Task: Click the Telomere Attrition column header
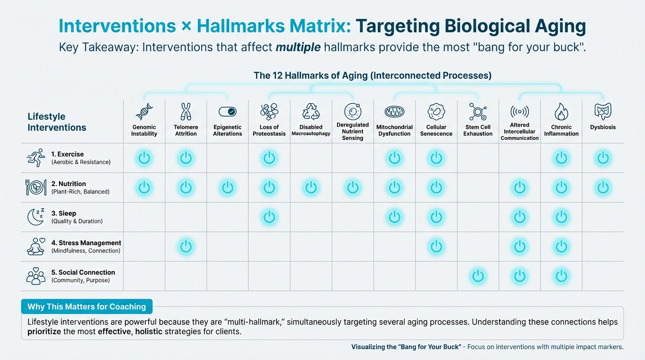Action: (x=186, y=130)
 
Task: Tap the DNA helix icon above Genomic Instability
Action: (x=144, y=112)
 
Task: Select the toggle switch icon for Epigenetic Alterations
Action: (x=227, y=112)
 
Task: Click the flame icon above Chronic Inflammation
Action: (x=561, y=112)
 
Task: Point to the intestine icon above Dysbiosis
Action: (x=603, y=112)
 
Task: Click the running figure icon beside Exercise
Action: (x=36, y=158)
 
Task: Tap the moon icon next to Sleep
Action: (x=36, y=217)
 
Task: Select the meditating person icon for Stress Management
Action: (x=36, y=246)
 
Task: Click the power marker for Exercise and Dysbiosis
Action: (x=603, y=158)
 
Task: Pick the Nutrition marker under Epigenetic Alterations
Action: (x=227, y=188)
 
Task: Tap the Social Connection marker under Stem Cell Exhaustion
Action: (x=478, y=276)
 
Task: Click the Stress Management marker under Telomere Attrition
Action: (x=186, y=247)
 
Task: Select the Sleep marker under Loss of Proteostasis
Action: (x=269, y=217)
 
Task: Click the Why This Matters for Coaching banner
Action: (x=87, y=307)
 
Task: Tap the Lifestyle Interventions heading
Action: (x=57, y=122)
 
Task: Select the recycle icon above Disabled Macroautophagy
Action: (x=311, y=112)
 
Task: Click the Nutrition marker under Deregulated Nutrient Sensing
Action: (x=352, y=188)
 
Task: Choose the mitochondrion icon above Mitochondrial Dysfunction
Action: (x=394, y=112)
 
